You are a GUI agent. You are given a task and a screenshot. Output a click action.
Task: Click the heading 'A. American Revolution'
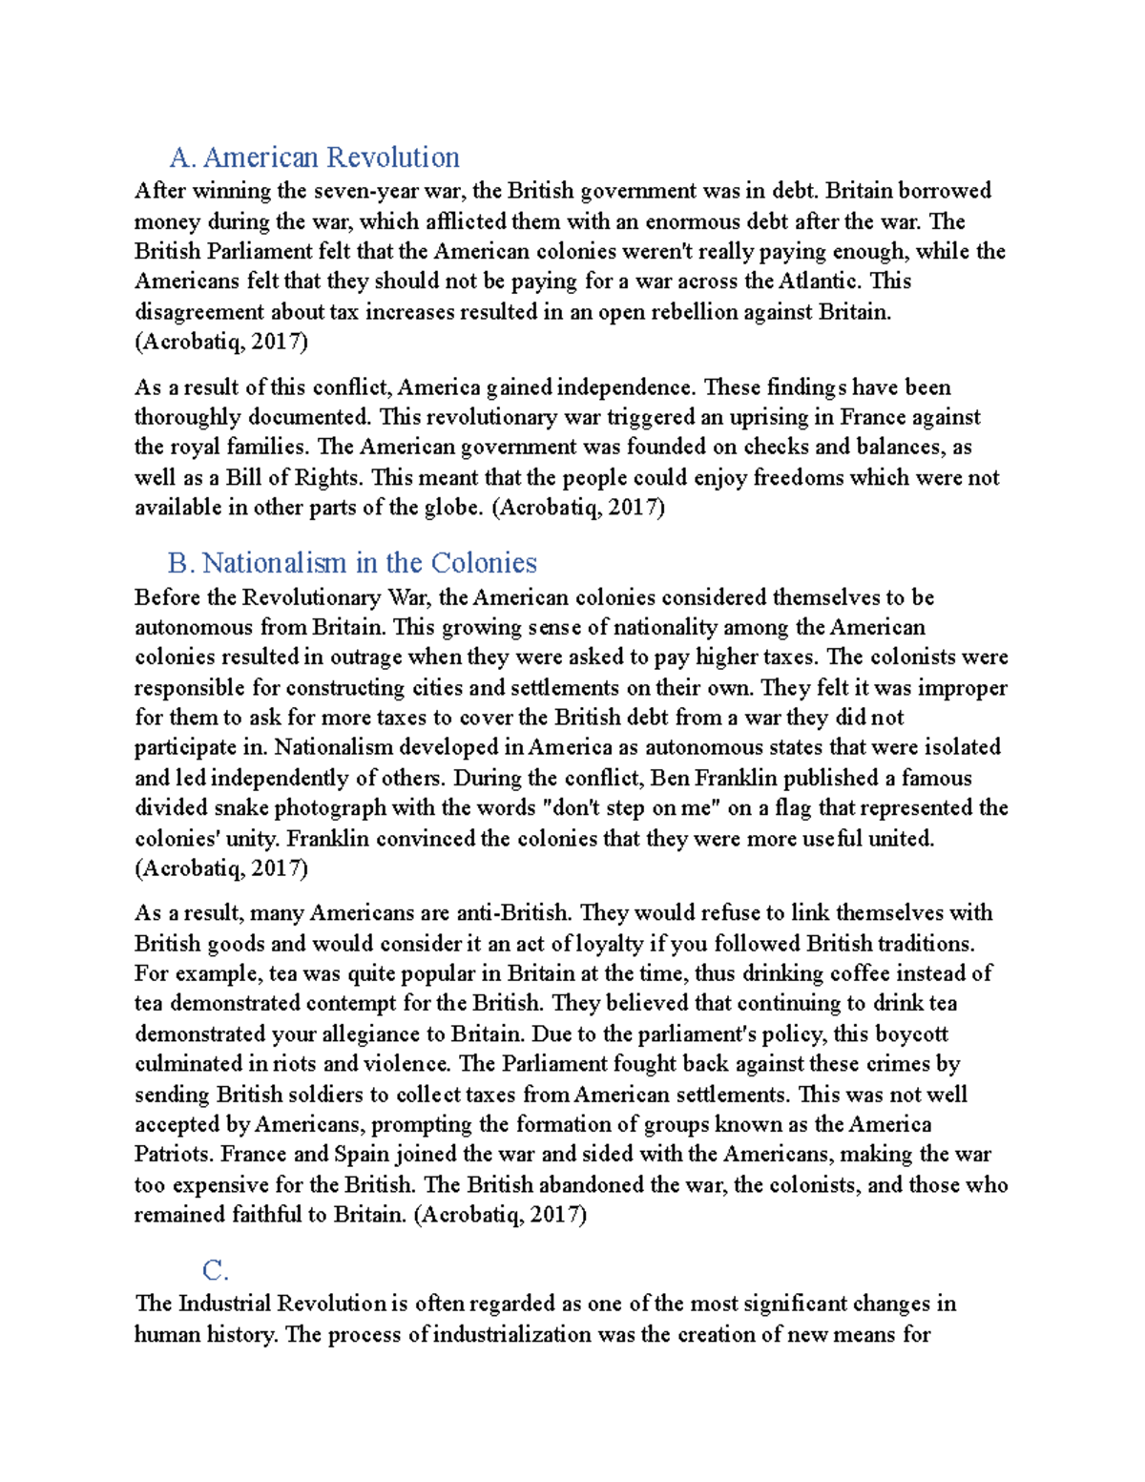point(314,157)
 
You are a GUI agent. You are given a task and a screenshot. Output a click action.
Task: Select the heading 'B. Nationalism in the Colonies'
point(352,563)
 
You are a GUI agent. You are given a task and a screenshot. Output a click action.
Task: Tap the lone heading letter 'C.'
point(216,1270)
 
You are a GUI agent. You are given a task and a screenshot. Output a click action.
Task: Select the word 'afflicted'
point(467,221)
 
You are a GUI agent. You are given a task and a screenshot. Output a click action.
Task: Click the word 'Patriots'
point(173,1154)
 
